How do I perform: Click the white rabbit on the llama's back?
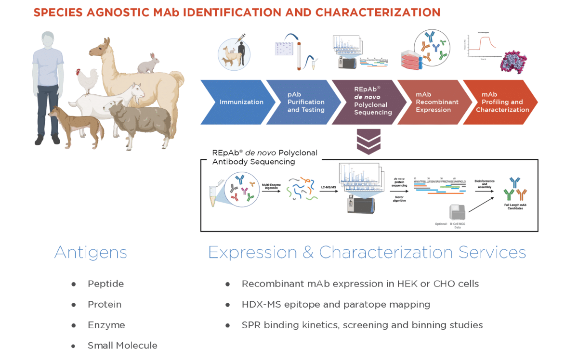(x=149, y=64)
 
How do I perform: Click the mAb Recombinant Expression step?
(x=433, y=102)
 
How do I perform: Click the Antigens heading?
(x=91, y=252)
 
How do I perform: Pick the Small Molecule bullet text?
(x=122, y=346)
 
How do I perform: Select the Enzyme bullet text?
(x=106, y=325)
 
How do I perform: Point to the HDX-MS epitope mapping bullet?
(x=336, y=305)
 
